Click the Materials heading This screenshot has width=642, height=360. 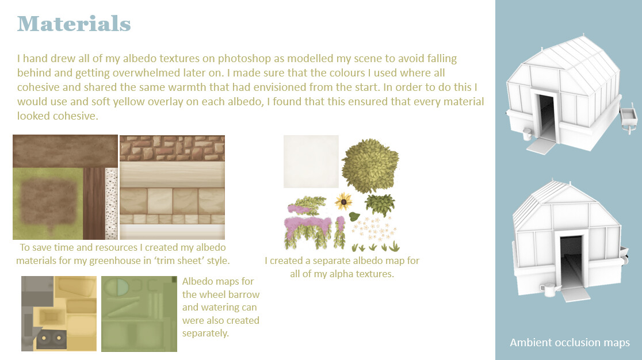74,24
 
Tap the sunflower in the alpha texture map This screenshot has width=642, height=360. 343,201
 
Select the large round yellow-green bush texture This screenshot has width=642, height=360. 370,165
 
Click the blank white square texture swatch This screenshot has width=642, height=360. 311,161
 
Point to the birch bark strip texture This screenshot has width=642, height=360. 112,204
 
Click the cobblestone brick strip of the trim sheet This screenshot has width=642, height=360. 173,148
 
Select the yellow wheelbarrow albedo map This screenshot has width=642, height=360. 59,313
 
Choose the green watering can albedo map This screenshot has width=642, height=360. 139,314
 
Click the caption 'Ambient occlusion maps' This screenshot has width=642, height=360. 570,342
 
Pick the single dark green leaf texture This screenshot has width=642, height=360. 354,217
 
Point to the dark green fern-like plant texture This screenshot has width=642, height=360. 380,205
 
